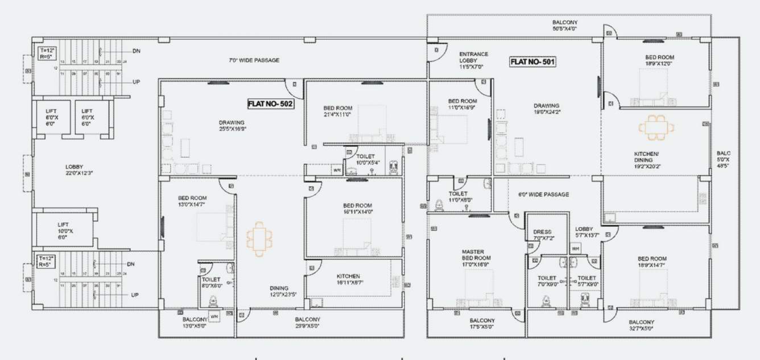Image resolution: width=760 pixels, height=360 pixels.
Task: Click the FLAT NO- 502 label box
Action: tap(270, 104)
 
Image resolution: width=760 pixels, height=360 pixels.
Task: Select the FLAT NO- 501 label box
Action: tap(532, 61)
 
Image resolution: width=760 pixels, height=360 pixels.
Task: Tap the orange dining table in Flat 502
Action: tap(259, 238)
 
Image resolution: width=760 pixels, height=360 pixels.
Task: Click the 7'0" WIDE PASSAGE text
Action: tap(254, 60)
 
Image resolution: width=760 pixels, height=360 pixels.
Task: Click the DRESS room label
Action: tap(543, 235)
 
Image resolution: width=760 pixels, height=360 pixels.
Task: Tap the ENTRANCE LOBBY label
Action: tap(473, 60)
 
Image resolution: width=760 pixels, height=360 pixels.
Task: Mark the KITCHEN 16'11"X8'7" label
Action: tap(348, 279)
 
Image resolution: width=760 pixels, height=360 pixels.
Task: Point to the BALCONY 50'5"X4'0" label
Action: tap(564, 24)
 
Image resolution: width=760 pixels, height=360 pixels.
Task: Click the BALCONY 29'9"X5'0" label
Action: tap(307, 322)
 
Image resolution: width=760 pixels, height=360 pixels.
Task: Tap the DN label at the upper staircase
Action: tap(137, 51)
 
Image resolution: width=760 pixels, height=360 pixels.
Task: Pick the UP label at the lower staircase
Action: tap(135, 295)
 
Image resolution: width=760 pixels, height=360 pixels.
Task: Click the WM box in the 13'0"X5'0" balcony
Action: tap(214, 317)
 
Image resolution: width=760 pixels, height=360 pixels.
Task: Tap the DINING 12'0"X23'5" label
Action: tap(279, 291)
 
